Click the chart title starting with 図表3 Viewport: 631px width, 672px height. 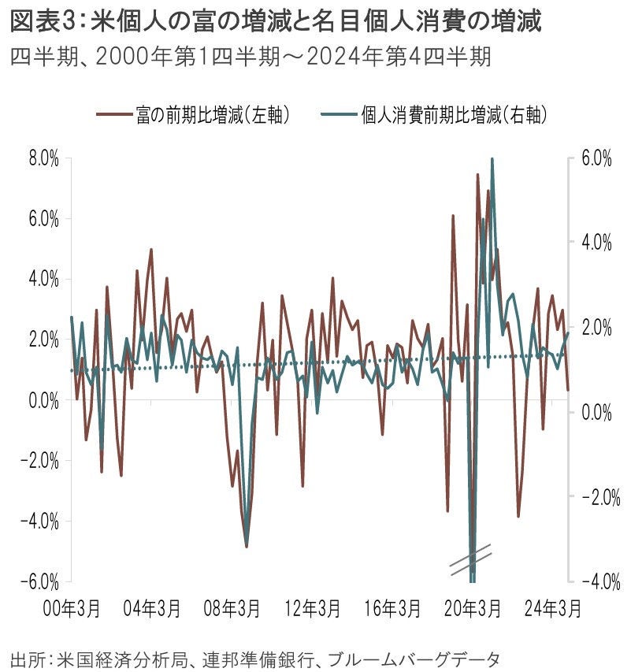point(276,21)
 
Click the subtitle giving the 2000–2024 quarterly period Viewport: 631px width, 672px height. point(251,57)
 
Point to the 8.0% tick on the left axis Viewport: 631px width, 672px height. point(43,158)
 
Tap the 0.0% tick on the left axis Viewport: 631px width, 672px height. point(43,400)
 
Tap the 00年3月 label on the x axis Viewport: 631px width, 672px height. point(72,608)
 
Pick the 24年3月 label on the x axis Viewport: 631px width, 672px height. point(555,608)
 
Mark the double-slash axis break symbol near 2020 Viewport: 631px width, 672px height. point(471,555)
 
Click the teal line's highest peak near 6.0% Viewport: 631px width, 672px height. point(492,159)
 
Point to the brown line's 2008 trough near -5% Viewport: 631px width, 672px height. point(247,546)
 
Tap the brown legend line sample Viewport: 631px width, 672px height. point(112,115)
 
